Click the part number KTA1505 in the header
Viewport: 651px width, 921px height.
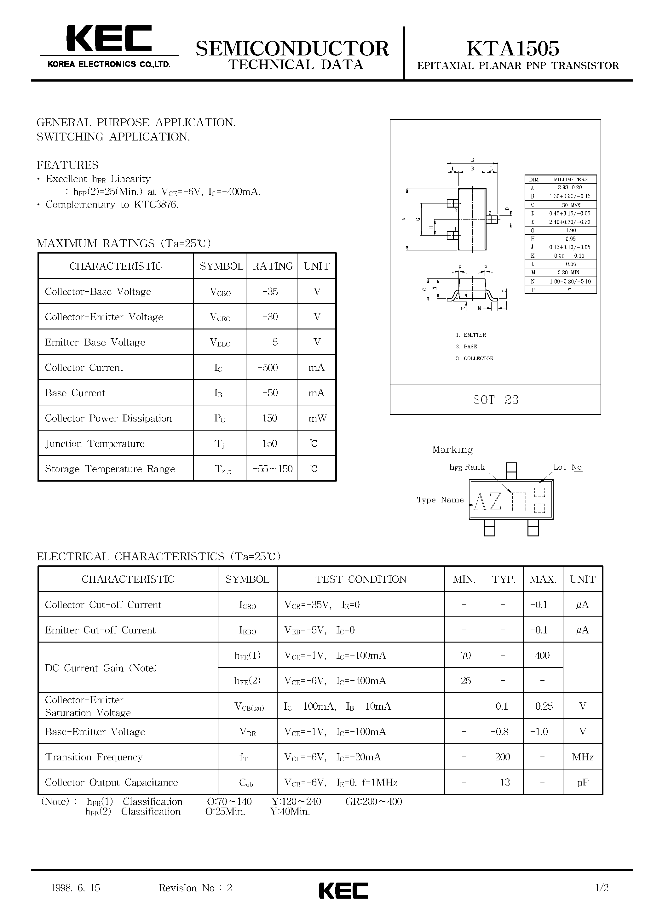click(x=513, y=48)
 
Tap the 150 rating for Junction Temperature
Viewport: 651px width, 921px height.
click(x=270, y=443)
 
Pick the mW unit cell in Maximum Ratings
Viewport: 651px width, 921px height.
click(x=317, y=418)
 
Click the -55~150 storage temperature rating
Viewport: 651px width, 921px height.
click(x=273, y=468)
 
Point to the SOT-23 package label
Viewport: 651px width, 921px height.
click(x=495, y=399)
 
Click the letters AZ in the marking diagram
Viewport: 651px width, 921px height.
click(x=488, y=501)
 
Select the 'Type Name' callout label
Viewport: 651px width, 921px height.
click(x=440, y=500)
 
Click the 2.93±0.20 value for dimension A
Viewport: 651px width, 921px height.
click(x=570, y=188)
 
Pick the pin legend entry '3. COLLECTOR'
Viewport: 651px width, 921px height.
click(x=475, y=358)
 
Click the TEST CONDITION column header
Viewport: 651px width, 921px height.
click(x=360, y=579)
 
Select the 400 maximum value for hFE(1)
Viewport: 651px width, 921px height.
click(x=542, y=655)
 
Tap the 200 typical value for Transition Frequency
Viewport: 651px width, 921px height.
click(x=503, y=757)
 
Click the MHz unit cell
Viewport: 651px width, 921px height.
click(x=583, y=757)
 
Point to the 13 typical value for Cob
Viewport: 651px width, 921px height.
click(x=504, y=782)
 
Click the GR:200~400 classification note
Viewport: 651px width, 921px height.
click(x=373, y=801)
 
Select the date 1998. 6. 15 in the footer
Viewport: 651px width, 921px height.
click(x=76, y=888)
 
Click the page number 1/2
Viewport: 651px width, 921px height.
click(x=602, y=888)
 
